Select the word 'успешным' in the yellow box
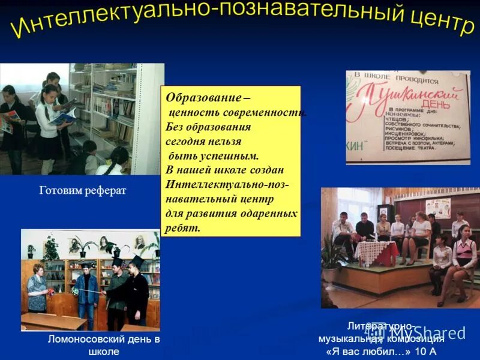tap(227, 156)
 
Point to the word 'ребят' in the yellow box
tap(182, 228)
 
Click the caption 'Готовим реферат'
tap(83, 191)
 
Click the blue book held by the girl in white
tap(62, 117)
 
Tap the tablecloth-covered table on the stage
tap(375, 252)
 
